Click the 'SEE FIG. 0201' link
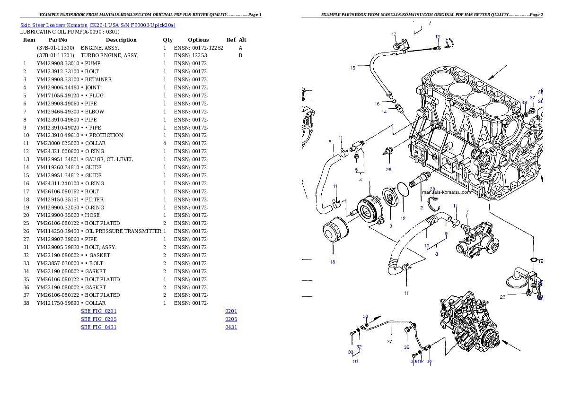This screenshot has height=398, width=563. coord(98,311)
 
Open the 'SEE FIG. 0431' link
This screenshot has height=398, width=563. coord(98,327)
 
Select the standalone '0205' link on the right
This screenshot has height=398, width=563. coord(231,320)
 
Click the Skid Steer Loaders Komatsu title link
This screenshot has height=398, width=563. coord(97,25)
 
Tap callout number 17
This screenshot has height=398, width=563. coord(394,35)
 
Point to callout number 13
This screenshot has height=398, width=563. coord(438,37)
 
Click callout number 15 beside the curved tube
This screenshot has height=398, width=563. coord(352,68)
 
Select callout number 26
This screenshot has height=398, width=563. coord(388,169)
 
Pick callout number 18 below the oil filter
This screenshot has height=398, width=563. coord(333,262)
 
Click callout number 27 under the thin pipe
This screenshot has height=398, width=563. coord(389,341)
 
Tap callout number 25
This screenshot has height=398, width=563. coord(502,297)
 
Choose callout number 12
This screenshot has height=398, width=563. coord(403,218)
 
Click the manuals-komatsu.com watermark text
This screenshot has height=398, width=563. coord(446,192)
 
